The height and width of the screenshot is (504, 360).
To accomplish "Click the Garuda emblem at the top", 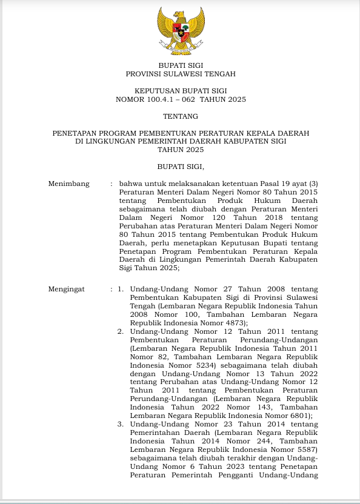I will tap(180, 30).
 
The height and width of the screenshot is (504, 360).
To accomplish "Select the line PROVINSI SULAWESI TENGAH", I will tap(180, 74).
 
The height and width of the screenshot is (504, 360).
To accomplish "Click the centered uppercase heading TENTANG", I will tap(180, 116).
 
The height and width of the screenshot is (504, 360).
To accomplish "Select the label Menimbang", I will tap(68, 184).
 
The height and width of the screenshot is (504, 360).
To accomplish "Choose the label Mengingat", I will tap(67, 290).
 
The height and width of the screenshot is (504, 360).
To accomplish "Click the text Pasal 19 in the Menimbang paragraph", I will tap(275, 184).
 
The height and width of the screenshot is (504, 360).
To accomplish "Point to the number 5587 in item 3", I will tap(305, 449).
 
